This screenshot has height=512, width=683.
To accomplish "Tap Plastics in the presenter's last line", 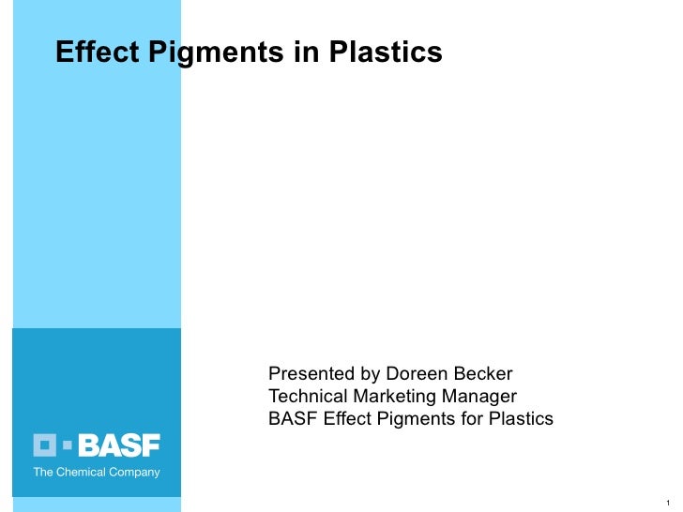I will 522,418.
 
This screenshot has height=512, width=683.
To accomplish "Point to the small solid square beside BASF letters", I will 69,445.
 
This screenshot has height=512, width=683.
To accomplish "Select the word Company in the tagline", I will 133,473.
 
